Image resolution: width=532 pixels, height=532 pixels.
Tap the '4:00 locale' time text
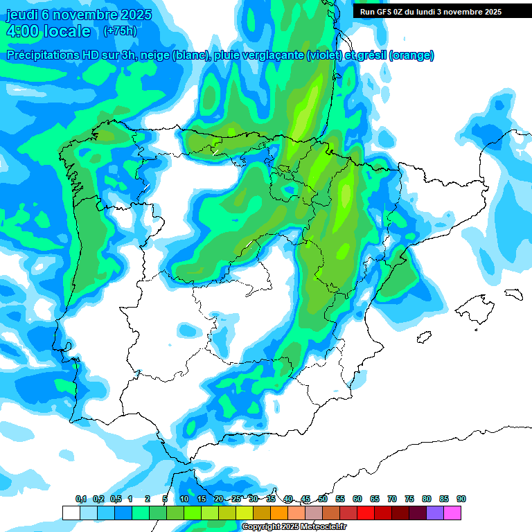tap(48, 31)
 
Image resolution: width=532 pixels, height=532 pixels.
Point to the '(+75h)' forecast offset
tap(120, 30)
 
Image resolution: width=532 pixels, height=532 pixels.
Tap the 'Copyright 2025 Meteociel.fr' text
tap(294, 527)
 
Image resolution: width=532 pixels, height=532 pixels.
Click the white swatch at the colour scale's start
tap(71, 513)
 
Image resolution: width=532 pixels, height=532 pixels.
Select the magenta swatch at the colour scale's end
tap(452, 513)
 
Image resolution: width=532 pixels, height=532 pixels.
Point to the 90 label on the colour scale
tap(461, 499)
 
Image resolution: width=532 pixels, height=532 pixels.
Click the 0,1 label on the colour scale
tap(81, 499)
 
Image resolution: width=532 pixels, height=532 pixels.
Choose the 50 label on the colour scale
tap(323, 499)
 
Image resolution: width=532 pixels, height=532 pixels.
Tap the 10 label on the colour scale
tap(184, 499)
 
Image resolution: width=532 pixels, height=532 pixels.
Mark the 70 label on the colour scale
tap(392, 499)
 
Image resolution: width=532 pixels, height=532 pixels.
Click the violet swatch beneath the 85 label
tap(435, 513)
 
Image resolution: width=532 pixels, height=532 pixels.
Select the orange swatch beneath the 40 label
tap(279, 513)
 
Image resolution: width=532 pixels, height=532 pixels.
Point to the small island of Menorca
tap(513, 293)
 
